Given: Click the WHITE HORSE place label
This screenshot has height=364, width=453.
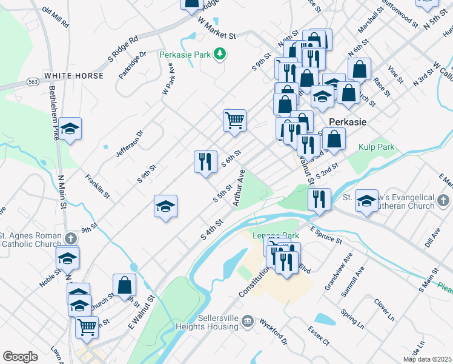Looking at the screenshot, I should coord(73,76).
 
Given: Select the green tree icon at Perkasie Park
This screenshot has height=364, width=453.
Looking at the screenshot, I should coord(220,55).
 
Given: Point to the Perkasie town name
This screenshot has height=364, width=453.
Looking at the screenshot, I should coord(347,121).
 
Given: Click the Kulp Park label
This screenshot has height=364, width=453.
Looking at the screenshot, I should coord(377,147).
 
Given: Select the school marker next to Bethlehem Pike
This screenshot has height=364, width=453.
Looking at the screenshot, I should coord(70,128).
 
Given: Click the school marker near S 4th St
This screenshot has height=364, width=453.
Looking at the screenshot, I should coord(165,206).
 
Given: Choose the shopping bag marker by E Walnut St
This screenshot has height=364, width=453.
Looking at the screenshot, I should coord(124,285).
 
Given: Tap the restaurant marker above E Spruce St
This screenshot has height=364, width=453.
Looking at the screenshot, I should coord(319,198).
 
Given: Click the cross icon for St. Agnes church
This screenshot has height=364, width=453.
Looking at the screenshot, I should coord(70,237).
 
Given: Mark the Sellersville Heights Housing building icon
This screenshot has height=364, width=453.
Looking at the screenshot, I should coord(246,320).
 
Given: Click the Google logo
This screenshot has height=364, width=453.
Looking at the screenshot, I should coord(20,356).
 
